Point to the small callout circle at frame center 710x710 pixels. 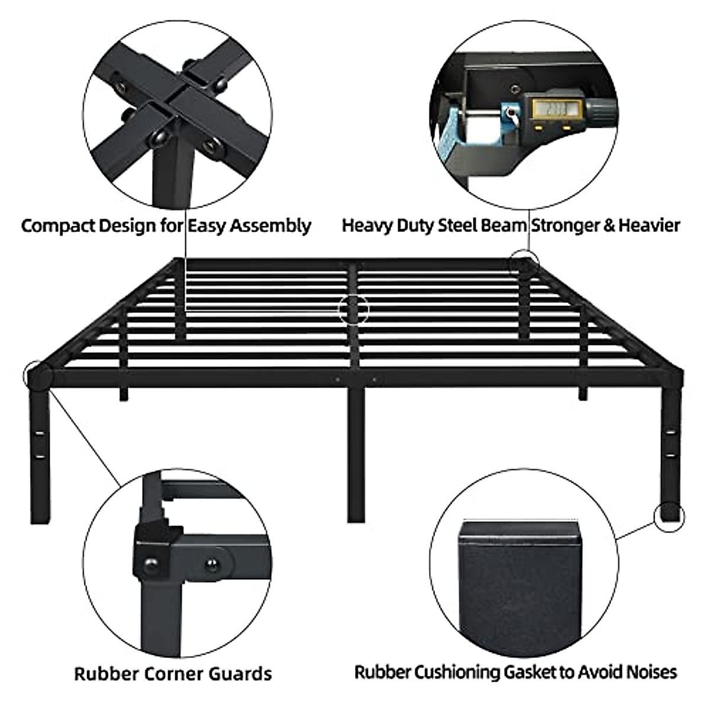(354, 309)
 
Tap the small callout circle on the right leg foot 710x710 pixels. (669, 515)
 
